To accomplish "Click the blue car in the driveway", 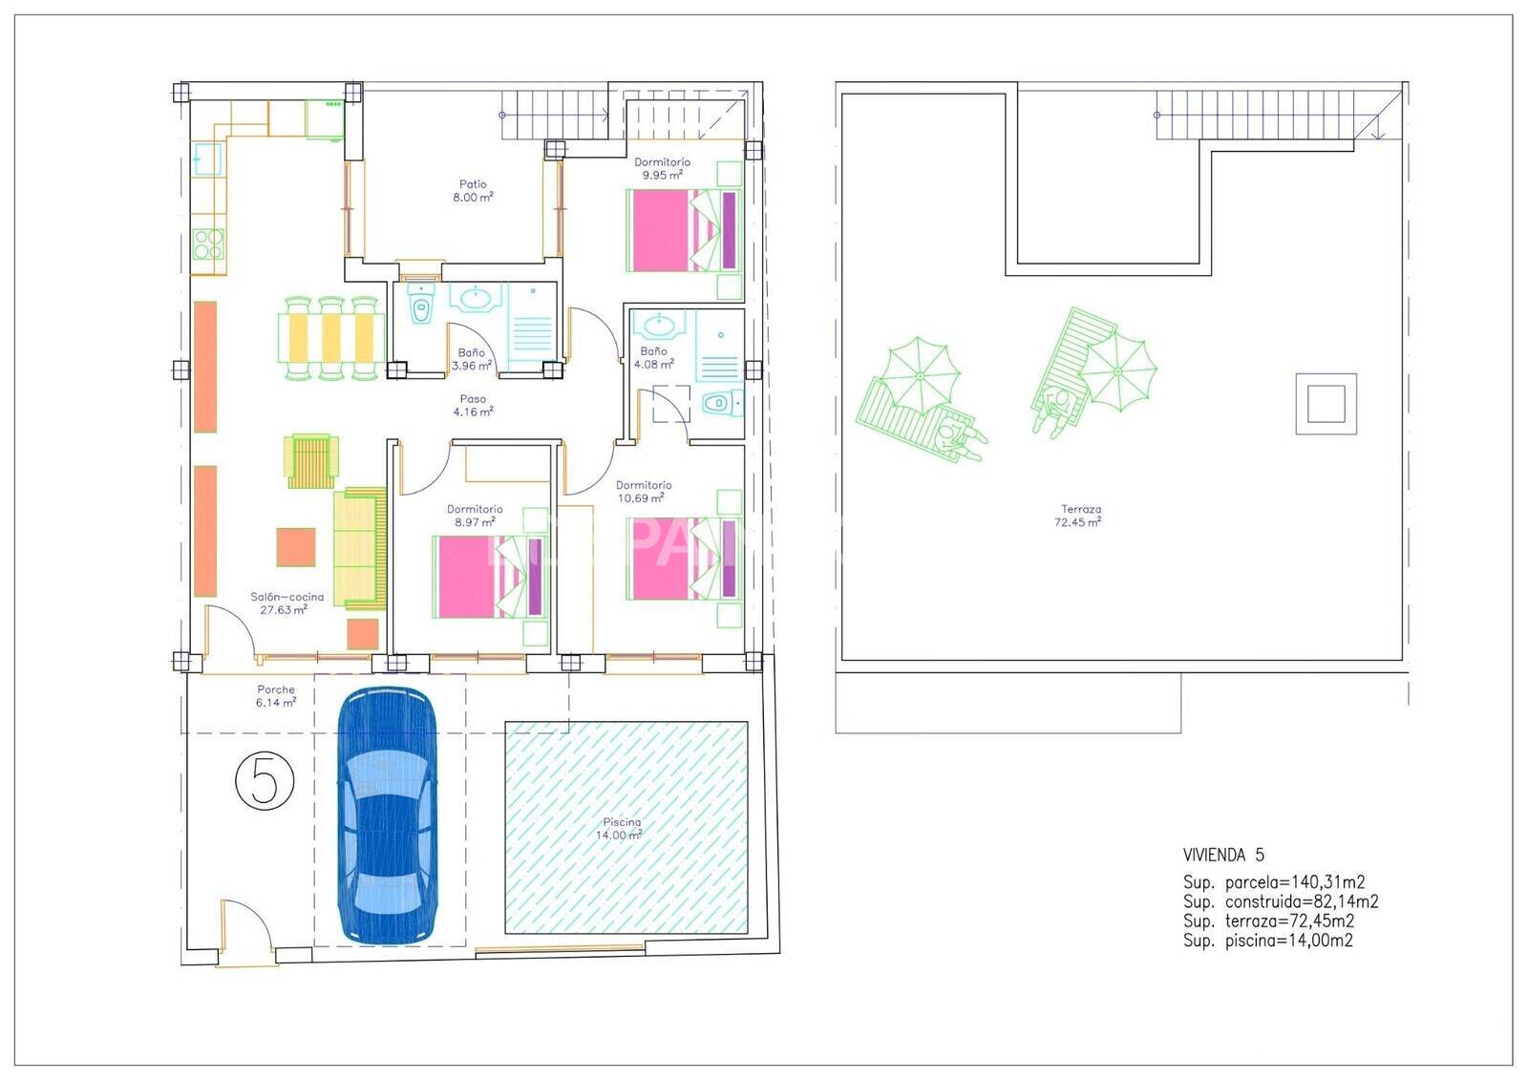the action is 388,815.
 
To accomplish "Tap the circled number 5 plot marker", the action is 265,780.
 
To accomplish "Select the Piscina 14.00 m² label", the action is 620,829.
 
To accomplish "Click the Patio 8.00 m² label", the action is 473,190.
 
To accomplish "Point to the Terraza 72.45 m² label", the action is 1079,515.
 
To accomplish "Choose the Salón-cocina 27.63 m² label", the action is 286,604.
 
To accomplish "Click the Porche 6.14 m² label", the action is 276,696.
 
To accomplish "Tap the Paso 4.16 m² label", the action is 473,405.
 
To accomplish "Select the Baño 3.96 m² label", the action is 472,359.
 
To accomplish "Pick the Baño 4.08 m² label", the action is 653,357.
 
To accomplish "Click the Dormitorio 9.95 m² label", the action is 662,168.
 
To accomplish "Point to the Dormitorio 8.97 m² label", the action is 475,516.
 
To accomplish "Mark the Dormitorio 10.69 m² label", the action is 644,492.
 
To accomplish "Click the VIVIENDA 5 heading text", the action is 1223,855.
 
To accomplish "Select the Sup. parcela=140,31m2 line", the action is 1274,882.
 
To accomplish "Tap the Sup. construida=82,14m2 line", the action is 1281,902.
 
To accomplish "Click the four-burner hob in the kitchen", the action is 208,244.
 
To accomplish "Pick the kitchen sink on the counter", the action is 206,159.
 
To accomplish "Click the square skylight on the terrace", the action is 1326,404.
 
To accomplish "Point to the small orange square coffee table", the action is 296,547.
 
